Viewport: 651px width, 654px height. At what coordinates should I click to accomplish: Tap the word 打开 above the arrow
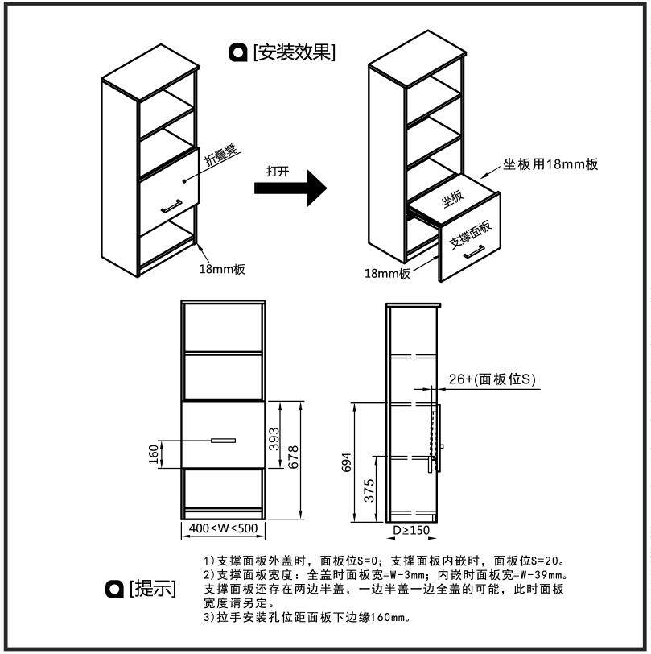click(x=278, y=171)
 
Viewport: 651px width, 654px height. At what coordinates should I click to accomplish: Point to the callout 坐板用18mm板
click(x=550, y=164)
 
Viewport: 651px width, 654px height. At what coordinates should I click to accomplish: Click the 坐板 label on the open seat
click(x=452, y=197)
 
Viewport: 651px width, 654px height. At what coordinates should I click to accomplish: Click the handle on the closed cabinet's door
click(x=171, y=206)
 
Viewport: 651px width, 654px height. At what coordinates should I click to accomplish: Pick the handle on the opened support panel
click(x=473, y=254)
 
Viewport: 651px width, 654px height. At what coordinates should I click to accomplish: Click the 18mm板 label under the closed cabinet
click(x=221, y=270)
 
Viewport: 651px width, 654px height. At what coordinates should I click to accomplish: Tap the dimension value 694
click(x=347, y=462)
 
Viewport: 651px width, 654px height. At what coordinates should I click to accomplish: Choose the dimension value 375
click(x=369, y=490)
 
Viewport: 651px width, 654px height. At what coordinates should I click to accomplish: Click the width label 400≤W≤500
click(x=223, y=530)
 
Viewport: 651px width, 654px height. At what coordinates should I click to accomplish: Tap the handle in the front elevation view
click(x=223, y=441)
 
